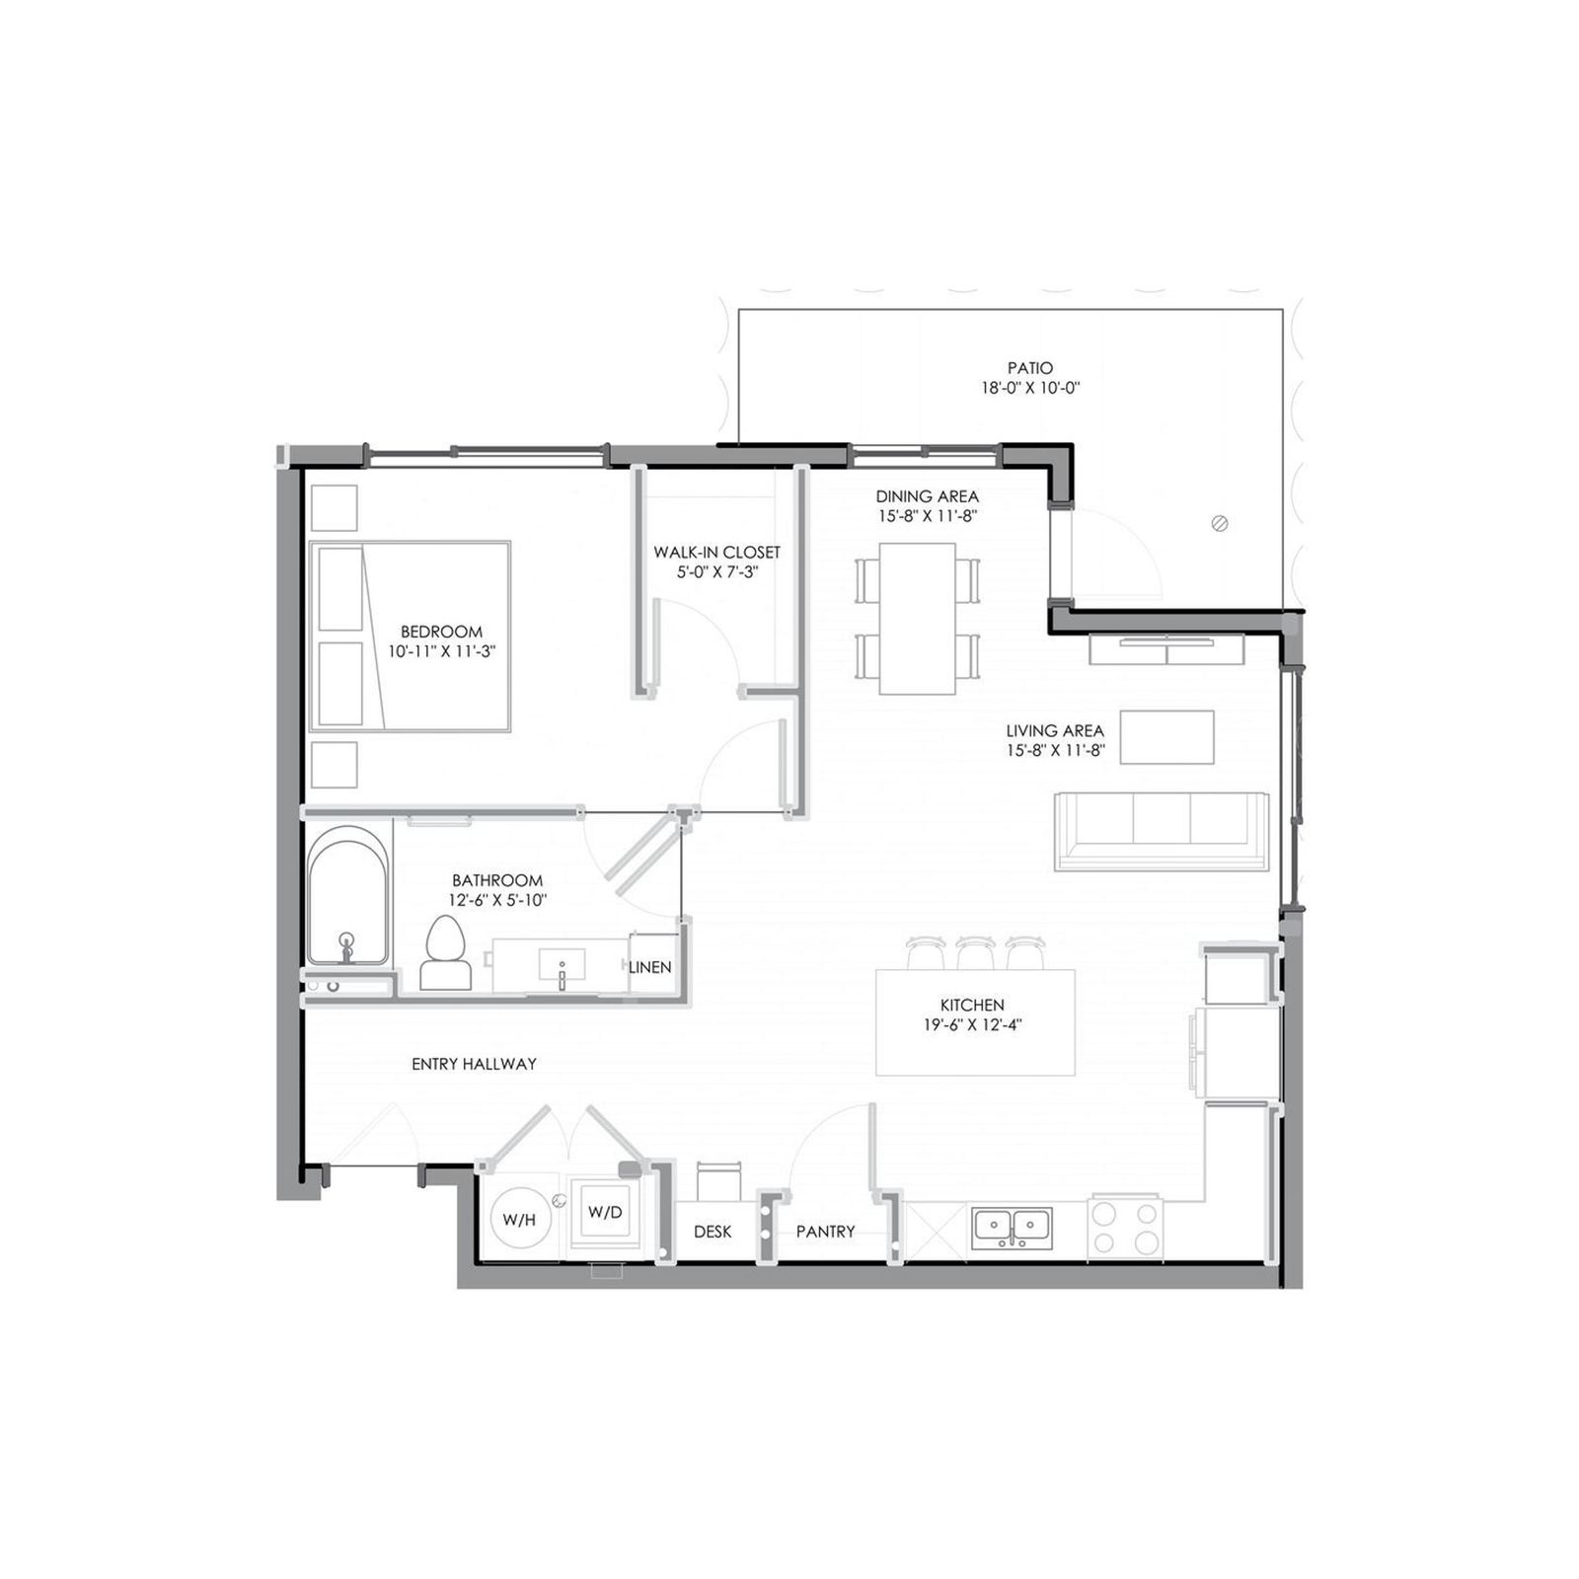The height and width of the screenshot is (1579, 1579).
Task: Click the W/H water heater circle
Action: click(520, 1219)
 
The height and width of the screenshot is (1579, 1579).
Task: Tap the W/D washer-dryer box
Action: click(605, 1213)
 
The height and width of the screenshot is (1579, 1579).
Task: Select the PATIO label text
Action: click(1030, 368)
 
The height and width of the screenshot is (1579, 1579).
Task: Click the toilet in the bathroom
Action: click(446, 952)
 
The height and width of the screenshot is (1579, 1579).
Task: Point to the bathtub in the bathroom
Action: click(347, 896)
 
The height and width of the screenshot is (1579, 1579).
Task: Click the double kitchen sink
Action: click(1012, 1228)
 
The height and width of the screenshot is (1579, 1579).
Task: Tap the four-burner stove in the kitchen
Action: click(1125, 1227)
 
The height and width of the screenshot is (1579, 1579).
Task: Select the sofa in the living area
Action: click(1162, 831)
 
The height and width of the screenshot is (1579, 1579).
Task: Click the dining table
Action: click(917, 619)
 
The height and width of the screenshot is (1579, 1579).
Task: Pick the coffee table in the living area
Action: click(1167, 737)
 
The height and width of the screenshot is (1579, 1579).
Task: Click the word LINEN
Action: click(650, 967)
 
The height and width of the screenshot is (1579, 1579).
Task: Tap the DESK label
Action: click(713, 1232)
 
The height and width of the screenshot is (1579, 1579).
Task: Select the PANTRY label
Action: click(826, 1232)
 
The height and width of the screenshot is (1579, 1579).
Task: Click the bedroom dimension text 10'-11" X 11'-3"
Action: click(441, 651)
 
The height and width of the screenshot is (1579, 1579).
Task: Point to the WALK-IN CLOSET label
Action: click(716, 553)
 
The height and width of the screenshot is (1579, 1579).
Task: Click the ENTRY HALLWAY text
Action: click(474, 1064)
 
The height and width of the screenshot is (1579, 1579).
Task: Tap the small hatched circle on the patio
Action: click(1219, 523)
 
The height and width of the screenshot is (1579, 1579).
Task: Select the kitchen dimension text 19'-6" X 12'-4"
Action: click(972, 1024)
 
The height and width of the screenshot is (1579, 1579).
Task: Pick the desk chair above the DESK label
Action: click(718, 1180)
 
